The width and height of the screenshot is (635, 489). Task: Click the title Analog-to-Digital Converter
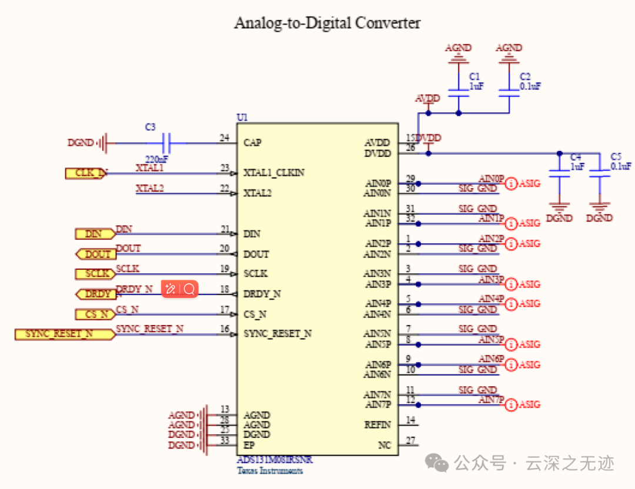tap(327, 23)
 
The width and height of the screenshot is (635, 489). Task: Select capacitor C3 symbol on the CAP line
tap(166, 142)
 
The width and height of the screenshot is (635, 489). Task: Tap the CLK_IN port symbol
tap(87, 173)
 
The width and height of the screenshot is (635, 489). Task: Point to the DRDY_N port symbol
tap(95, 294)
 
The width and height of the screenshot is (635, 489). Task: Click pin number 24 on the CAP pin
tap(224, 138)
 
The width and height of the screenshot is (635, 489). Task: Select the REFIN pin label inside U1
tap(377, 425)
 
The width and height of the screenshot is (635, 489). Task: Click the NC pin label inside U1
tap(384, 446)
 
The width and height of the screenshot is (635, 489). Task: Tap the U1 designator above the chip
tap(242, 118)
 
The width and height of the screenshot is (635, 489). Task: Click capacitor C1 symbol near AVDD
tap(459, 92)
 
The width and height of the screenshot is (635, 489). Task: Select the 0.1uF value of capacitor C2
tap(530, 86)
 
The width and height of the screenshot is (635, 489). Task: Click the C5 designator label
tap(616, 157)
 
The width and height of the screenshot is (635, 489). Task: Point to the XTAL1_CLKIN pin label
tap(275, 173)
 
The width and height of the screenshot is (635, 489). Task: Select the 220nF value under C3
tap(157, 159)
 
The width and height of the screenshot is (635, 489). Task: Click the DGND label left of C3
tap(81, 143)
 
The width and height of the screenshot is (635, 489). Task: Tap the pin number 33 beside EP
tap(224, 441)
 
